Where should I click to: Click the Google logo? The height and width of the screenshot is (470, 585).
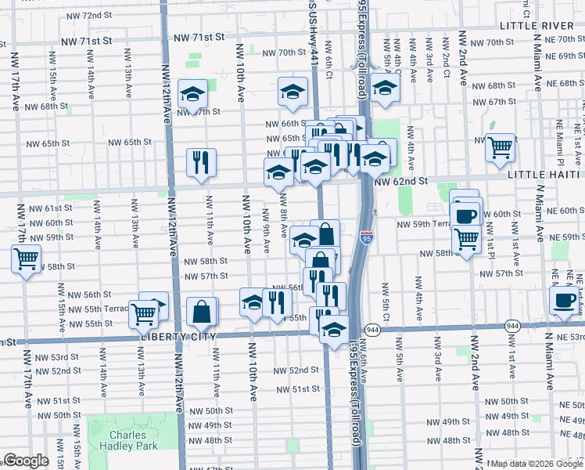click(x=25, y=461)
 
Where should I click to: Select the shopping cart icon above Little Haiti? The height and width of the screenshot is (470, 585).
click(x=500, y=146)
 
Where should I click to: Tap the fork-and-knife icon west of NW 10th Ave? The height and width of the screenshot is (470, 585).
click(x=201, y=161)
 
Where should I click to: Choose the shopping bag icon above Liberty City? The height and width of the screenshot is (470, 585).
click(x=202, y=312)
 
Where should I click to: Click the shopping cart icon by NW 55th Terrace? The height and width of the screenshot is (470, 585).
click(x=143, y=314)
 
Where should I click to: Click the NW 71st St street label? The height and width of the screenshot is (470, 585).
click(x=199, y=37)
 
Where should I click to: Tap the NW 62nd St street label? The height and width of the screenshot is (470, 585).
click(x=402, y=181)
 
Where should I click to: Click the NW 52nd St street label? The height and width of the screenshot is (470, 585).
click(x=297, y=370)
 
